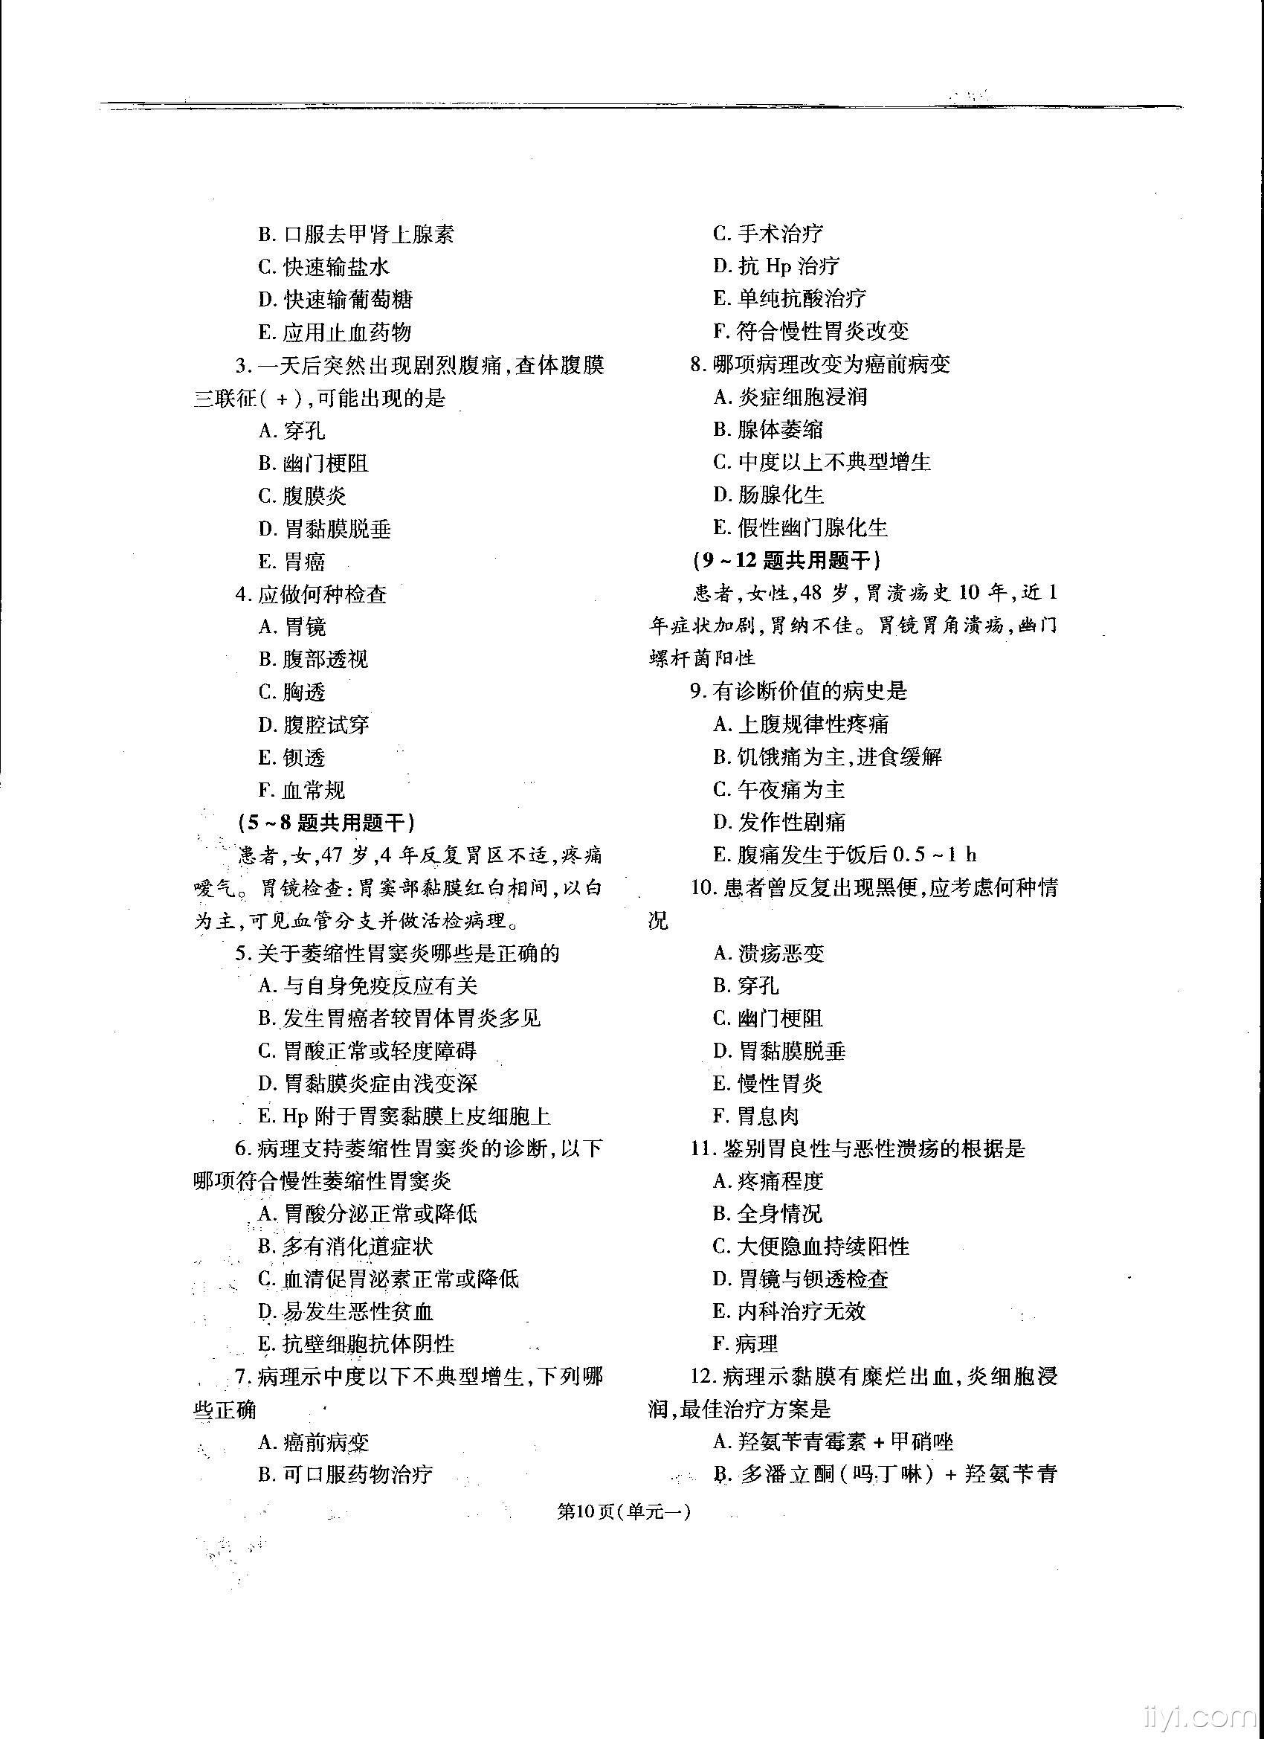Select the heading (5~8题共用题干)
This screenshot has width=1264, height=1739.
(326, 823)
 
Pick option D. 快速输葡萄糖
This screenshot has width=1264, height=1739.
(336, 299)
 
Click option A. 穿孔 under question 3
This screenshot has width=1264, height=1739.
(292, 430)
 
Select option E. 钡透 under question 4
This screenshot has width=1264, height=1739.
(292, 757)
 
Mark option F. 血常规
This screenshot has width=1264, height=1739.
(302, 790)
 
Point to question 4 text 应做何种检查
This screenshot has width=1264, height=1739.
(312, 594)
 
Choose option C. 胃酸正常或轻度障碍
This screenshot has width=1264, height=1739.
(368, 1050)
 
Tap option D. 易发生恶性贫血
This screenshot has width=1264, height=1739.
(346, 1312)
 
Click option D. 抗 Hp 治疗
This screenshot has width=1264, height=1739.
(776, 266)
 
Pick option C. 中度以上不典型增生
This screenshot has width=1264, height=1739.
(822, 462)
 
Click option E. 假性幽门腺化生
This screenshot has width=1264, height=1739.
(800, 527)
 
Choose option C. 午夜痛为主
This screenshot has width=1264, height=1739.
(778, 790)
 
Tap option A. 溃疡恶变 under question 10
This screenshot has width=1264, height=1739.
(769, 953)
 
